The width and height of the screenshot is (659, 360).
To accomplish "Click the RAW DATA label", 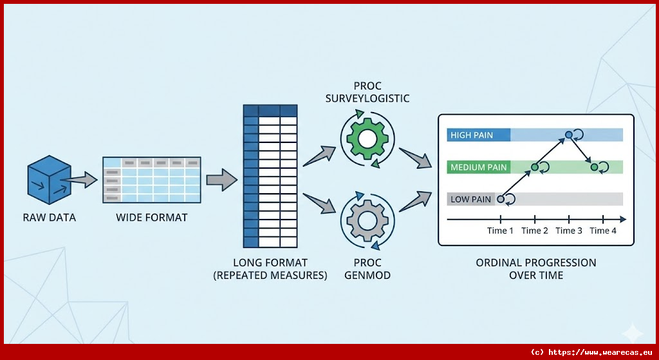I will (x=49, y=218).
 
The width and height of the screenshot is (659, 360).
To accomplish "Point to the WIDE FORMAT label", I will (x=151, y=218).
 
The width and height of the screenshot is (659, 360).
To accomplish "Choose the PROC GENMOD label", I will (x=367, y=269).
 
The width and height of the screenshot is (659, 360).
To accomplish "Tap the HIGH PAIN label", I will (x=470, y=135).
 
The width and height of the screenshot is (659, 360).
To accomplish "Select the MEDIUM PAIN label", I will (x=479, y=167).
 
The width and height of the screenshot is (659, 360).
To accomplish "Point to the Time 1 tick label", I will (x=500, y=231).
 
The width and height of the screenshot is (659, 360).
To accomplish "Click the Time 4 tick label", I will (x=602, y=231).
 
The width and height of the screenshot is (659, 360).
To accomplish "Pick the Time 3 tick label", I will (x=569, y=231).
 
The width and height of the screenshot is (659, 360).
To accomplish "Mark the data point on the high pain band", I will (x=568, y=135).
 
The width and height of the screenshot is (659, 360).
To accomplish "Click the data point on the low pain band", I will (x=500, y=199).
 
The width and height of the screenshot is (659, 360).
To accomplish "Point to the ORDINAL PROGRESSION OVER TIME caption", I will (x=535, y=269).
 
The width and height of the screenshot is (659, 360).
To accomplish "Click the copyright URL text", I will (x=591, y=352).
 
